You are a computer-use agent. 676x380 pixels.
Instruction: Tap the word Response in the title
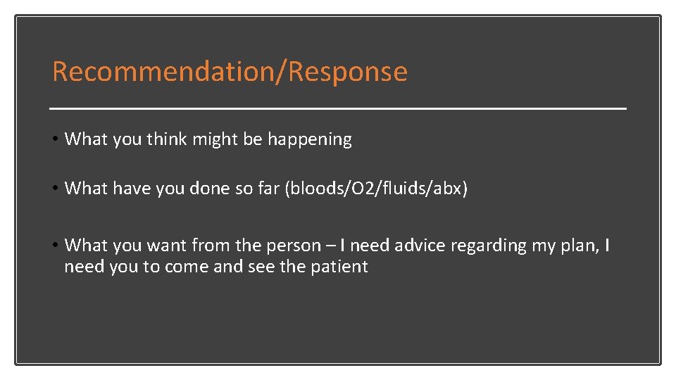[349, 72]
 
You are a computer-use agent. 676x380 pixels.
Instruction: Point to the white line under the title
[338, 109]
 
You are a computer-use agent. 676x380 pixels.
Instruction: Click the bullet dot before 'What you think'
[56, 139]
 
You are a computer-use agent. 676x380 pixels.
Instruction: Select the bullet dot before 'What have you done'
[56, 188]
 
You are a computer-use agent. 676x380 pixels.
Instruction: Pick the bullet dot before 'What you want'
[56, 245]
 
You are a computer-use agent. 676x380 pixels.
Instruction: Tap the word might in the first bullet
[216, 139]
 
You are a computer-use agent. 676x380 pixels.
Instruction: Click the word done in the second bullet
[212, 189]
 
